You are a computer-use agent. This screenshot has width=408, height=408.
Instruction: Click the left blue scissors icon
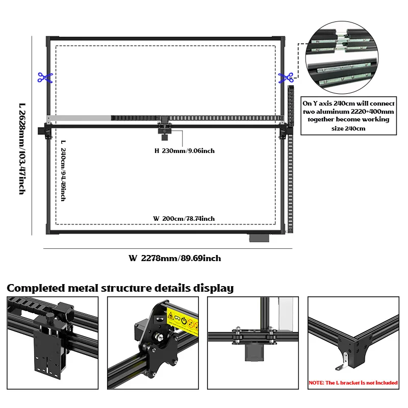tap(45, 78)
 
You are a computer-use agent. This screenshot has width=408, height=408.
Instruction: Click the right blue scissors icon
tap(286, 78)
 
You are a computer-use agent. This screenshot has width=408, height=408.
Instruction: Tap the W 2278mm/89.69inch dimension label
tap(174, 258)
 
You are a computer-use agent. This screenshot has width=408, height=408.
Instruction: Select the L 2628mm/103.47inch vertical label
tap(22, 148)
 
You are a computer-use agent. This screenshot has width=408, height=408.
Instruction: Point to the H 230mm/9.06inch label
tap(185, 150)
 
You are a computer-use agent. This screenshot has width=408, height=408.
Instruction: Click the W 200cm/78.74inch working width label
tap(184, 218)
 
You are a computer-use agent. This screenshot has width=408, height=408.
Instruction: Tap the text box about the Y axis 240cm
tap(348, 115)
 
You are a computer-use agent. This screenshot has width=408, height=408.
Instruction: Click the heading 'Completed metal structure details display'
tap(120, 288)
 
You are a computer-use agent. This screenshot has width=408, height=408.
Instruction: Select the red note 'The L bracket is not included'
tap(353, 382)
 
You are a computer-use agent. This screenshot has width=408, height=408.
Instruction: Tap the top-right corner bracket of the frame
tap(280, 40)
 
